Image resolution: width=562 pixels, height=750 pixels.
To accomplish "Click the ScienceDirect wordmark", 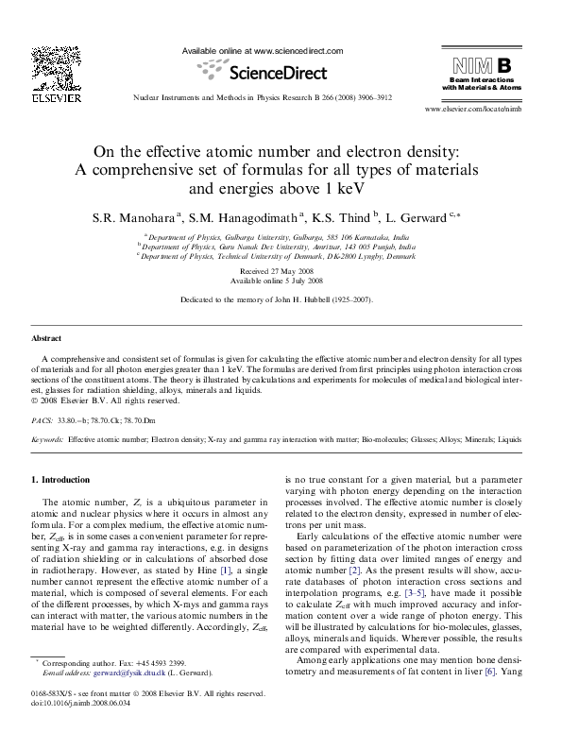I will click(263, 72).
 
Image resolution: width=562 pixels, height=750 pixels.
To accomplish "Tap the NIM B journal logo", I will click(483, 66).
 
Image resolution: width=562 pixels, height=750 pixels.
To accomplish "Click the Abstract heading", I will click(47, 337).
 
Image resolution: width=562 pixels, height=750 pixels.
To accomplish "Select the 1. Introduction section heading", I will click(60, 480).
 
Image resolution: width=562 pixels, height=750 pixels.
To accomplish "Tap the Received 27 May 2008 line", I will click(281, 270).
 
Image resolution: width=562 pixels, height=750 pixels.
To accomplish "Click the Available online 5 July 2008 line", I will click(281, 281).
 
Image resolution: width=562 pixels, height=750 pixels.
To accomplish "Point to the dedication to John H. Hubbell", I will click(281, 299).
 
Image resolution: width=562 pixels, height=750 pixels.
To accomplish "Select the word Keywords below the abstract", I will click(47, 439).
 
